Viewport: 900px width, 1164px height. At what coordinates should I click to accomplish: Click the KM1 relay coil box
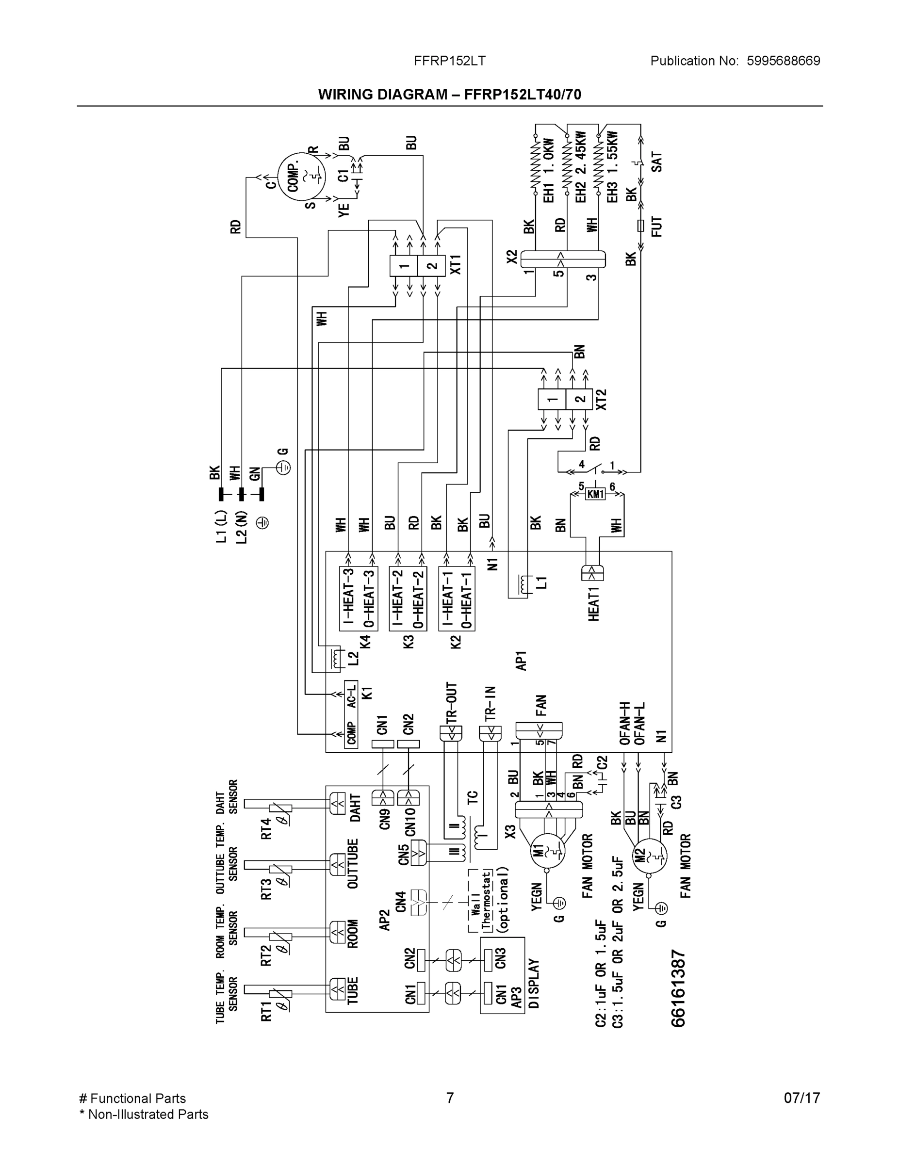coord(596,494)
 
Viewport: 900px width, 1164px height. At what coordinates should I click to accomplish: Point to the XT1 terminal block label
coord(456,264)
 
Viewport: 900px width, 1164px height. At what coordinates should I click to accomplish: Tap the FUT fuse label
coord(656,226)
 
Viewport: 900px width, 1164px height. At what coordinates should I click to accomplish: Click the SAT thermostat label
coord(656,162)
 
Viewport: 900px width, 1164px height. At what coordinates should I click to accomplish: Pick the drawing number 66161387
coord(678,988)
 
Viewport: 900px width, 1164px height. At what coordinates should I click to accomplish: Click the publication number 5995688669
coord(783,61)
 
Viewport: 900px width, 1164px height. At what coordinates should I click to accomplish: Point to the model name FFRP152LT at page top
coord(449,61)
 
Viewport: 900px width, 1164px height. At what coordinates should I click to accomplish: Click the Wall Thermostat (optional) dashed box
coord(488,901)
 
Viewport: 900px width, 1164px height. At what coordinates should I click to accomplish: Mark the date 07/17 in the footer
coord(802,1098)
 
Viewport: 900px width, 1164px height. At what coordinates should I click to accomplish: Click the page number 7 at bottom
coord(449,1098)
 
